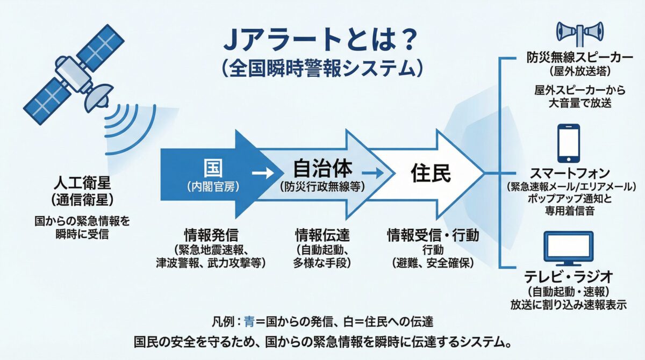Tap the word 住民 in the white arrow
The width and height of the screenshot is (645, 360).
431,173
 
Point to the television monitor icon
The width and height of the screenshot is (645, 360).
569,249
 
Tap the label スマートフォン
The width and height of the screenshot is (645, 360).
569,174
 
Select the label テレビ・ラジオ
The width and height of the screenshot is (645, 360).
569,278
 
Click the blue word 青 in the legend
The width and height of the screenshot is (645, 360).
249,322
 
